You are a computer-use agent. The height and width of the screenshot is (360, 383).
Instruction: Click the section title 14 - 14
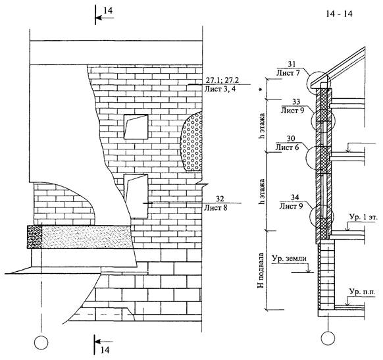340,14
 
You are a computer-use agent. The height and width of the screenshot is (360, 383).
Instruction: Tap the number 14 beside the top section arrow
108,11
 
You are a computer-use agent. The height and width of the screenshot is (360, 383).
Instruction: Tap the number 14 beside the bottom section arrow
105,349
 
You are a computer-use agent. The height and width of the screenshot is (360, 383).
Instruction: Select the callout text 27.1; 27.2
222,80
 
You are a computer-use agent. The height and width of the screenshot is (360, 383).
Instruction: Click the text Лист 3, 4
220,88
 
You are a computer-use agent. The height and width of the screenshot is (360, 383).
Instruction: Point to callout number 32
220,199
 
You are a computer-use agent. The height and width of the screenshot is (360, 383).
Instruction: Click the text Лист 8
216,207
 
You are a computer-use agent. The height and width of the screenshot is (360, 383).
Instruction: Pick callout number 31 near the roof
292,64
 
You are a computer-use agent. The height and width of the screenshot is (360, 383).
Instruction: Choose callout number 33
295,101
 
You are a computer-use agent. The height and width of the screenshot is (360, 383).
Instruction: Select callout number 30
291,139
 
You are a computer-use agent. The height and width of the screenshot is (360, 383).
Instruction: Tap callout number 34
295,197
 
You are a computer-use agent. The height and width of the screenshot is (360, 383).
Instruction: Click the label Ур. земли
289,258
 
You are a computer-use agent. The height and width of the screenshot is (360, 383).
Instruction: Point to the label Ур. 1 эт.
363,217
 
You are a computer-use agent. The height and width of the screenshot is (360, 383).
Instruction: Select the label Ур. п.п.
362,292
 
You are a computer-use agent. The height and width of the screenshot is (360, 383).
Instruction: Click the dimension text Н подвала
261,270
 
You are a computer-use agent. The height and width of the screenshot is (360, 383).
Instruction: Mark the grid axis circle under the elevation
41,343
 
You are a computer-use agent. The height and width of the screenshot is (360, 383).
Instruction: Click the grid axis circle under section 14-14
328,338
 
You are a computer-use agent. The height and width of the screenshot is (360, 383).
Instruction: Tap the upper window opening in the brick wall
136,127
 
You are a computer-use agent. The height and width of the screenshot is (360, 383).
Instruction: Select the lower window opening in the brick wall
136,196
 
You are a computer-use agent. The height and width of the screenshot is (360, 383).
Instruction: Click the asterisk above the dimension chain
261,90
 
